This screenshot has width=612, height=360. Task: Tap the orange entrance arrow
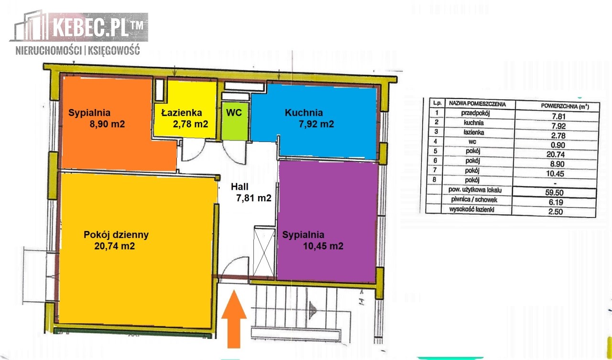(234, 319)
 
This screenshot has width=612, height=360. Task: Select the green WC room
(235, 121)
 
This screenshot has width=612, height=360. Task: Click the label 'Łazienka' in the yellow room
(181, 112)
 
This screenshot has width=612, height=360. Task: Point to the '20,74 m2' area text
(114, 246)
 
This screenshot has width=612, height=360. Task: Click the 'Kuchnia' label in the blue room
(304, 112)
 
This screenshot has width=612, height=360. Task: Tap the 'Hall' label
(240, 186)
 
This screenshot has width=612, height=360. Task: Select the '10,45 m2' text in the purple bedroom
(323, 246)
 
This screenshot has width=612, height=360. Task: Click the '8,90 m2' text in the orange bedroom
(107, 124)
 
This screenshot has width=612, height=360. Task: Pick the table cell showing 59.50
(554, 193)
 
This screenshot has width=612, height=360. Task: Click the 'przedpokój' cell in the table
(475, 113)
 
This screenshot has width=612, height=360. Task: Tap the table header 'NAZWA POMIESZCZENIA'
(477, 104)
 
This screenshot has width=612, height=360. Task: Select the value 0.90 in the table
(558, 145)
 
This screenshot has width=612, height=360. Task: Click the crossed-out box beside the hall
(264, 251)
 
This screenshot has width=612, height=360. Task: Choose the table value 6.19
(556, 202)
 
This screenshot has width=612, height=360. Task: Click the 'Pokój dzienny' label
(116, 235)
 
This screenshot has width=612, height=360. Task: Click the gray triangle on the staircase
(313, 310)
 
